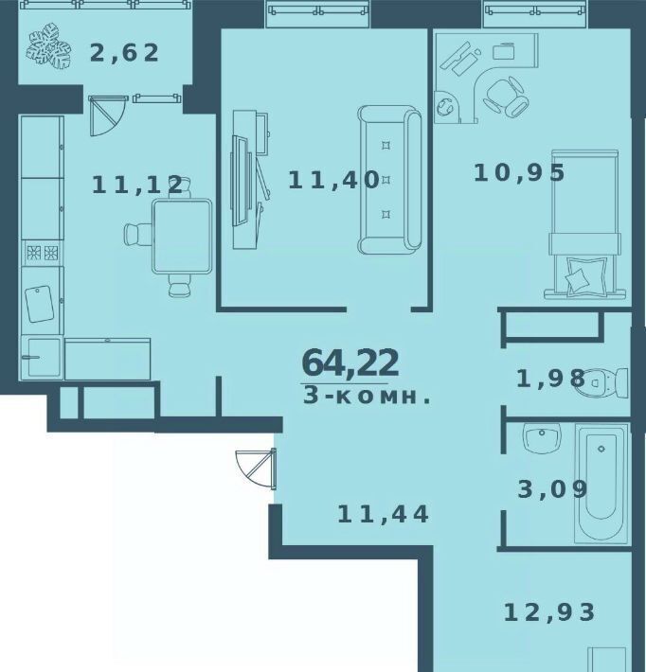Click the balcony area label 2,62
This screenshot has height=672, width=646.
click(x=124, y=54)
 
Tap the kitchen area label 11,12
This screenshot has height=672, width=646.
click(x=138, y=186)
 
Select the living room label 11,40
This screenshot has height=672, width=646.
click(x=333, y=180)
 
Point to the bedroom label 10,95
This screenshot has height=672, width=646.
click(x=519, y=173)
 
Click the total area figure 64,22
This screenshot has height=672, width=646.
click(x=350, y=363)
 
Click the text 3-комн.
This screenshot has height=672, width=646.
click(x=367, y=396)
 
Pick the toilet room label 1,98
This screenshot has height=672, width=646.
click(x=550, y=379)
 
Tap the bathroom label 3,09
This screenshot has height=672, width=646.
click(x=552, y=489)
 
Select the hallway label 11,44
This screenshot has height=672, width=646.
click(x=383, y=514)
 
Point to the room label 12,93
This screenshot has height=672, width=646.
click(x=549, y=612)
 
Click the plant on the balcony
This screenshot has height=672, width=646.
click(x=48, y=45)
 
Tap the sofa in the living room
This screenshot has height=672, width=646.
click(x=389, y=180)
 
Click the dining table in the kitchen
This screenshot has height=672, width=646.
click(x=182, y=236)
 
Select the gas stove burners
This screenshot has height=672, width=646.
click(x=43, y=253)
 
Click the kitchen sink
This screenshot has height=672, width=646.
click(x=43, y=357)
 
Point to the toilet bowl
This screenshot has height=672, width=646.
click(x=601, y=381)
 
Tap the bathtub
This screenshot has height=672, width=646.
click(x=601, y=483)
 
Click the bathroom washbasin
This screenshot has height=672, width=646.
click(x=542, y=437)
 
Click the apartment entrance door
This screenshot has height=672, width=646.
click(x=256, y=469)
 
